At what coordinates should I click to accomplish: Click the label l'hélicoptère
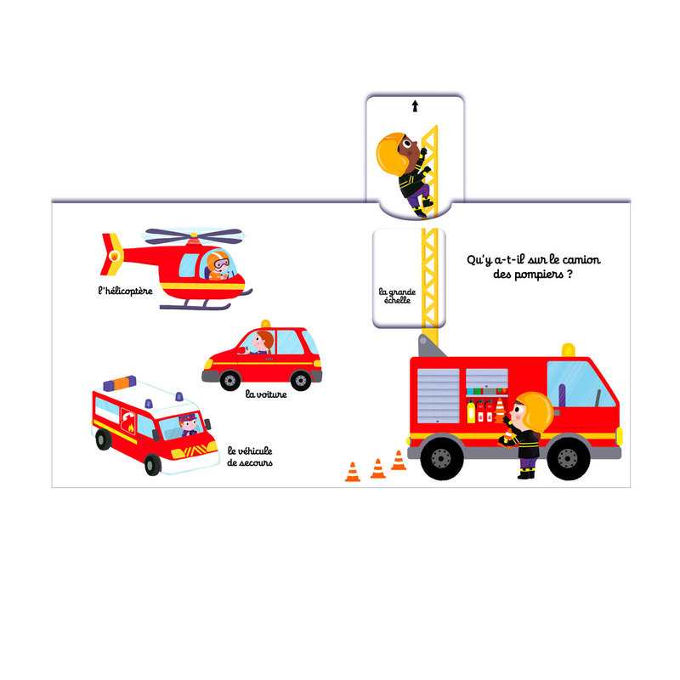point(125,291)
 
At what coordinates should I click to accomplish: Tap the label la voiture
point(266,394)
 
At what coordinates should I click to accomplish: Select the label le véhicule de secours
point(250,456)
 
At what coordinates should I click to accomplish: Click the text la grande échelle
point(397,296)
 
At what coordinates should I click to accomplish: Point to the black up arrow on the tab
point(415,106)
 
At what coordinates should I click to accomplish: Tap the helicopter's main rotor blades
point(194,235)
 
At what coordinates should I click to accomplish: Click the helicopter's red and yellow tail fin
point(112,254)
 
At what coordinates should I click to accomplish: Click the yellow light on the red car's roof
point(265,324)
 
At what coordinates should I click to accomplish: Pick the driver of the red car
point(261,343)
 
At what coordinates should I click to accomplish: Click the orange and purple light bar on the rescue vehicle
point(120,383)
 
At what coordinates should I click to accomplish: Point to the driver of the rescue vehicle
point(188,424)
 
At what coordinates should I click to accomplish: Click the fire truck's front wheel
point(568,457)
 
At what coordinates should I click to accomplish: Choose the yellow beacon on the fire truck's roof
point(568,350)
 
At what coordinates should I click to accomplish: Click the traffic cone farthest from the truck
point(353,472)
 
